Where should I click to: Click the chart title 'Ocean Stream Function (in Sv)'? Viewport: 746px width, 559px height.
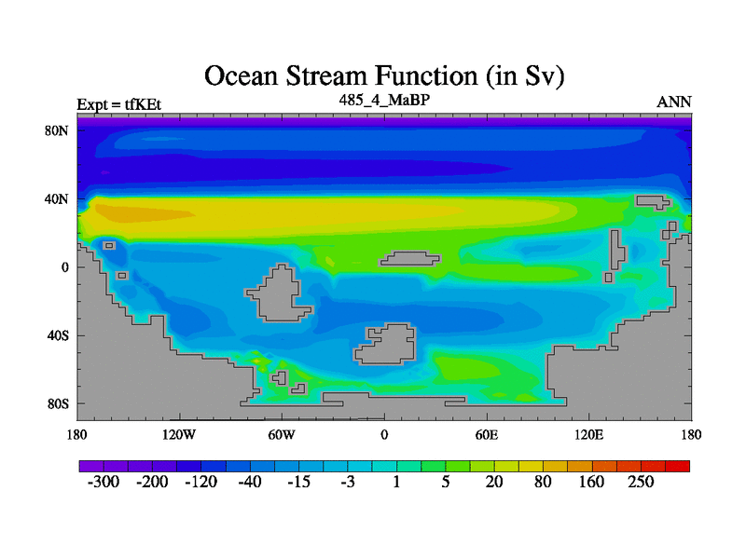(384, 76)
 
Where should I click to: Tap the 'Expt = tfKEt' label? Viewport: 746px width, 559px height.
(119, 104)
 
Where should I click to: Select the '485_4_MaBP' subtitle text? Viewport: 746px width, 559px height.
(384, 100)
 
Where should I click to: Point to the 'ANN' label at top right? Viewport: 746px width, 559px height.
(674, 102)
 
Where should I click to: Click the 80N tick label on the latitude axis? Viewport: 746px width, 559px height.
(57, 130)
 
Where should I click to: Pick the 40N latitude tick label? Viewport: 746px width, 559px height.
(57, 199)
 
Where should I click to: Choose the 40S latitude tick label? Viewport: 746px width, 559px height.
(58, 335)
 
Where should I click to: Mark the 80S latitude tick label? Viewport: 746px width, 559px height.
(58, 404)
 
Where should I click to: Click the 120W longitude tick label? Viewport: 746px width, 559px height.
(179, 435)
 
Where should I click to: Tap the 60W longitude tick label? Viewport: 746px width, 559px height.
(282, 435)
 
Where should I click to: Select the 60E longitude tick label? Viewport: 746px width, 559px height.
(487, 435)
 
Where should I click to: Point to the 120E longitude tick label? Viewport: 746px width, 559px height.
(589, 435)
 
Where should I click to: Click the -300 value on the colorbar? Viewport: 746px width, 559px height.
(104, 482)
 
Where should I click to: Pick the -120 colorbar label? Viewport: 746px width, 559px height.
(200, 482)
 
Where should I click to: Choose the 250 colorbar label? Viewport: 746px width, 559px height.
(641, 482)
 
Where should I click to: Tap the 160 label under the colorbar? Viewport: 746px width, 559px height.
(591, 482)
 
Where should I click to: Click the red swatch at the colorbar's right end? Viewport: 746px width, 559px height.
(678, 466)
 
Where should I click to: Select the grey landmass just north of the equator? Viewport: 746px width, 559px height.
(409, 259)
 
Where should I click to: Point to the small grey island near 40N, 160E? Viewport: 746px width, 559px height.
(653, 202)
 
